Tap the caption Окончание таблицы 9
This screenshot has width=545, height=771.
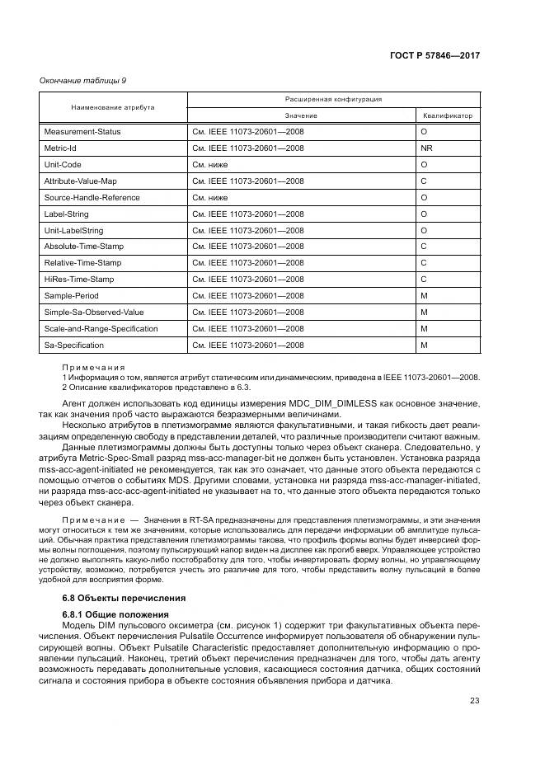click(x=82, y=80)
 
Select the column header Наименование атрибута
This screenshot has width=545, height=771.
click(x=112, y=107)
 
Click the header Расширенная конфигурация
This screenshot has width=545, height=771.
click(x=334, y=99)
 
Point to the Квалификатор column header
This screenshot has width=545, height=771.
click(x=448, y=116)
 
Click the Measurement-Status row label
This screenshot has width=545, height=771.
click(x=82, y=132)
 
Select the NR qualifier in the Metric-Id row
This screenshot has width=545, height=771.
click(x=426, y=148)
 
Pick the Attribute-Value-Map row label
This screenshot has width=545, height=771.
click(x=85, y=181)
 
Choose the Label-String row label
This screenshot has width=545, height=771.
click(x=66, y=214)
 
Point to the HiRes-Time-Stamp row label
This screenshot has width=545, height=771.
click(x=79, y=280)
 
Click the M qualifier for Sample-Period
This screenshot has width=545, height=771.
click(x=424, y=296)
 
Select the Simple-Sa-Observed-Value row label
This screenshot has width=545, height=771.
click(x=94, y=313)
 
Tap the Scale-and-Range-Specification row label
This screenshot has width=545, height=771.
click(x=101, y=329)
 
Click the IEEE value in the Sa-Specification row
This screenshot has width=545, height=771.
click(x=247, y=346)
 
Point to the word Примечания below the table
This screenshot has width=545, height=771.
click(x=93, y=367)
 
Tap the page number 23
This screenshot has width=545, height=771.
click(x=474, y=701)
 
